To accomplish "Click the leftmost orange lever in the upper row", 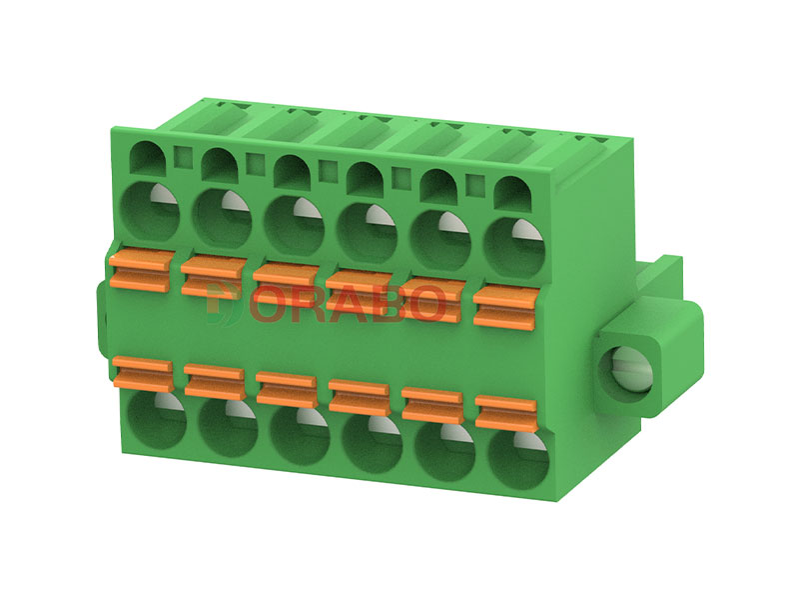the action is [139, 270].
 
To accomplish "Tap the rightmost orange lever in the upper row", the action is [506, 306].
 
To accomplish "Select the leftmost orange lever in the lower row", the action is [142, 372].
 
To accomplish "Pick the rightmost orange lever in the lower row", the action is [506, 413].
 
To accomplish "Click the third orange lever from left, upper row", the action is [286, 284].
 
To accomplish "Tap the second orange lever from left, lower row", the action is [215, 381].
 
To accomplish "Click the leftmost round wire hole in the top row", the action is [149, 211].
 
